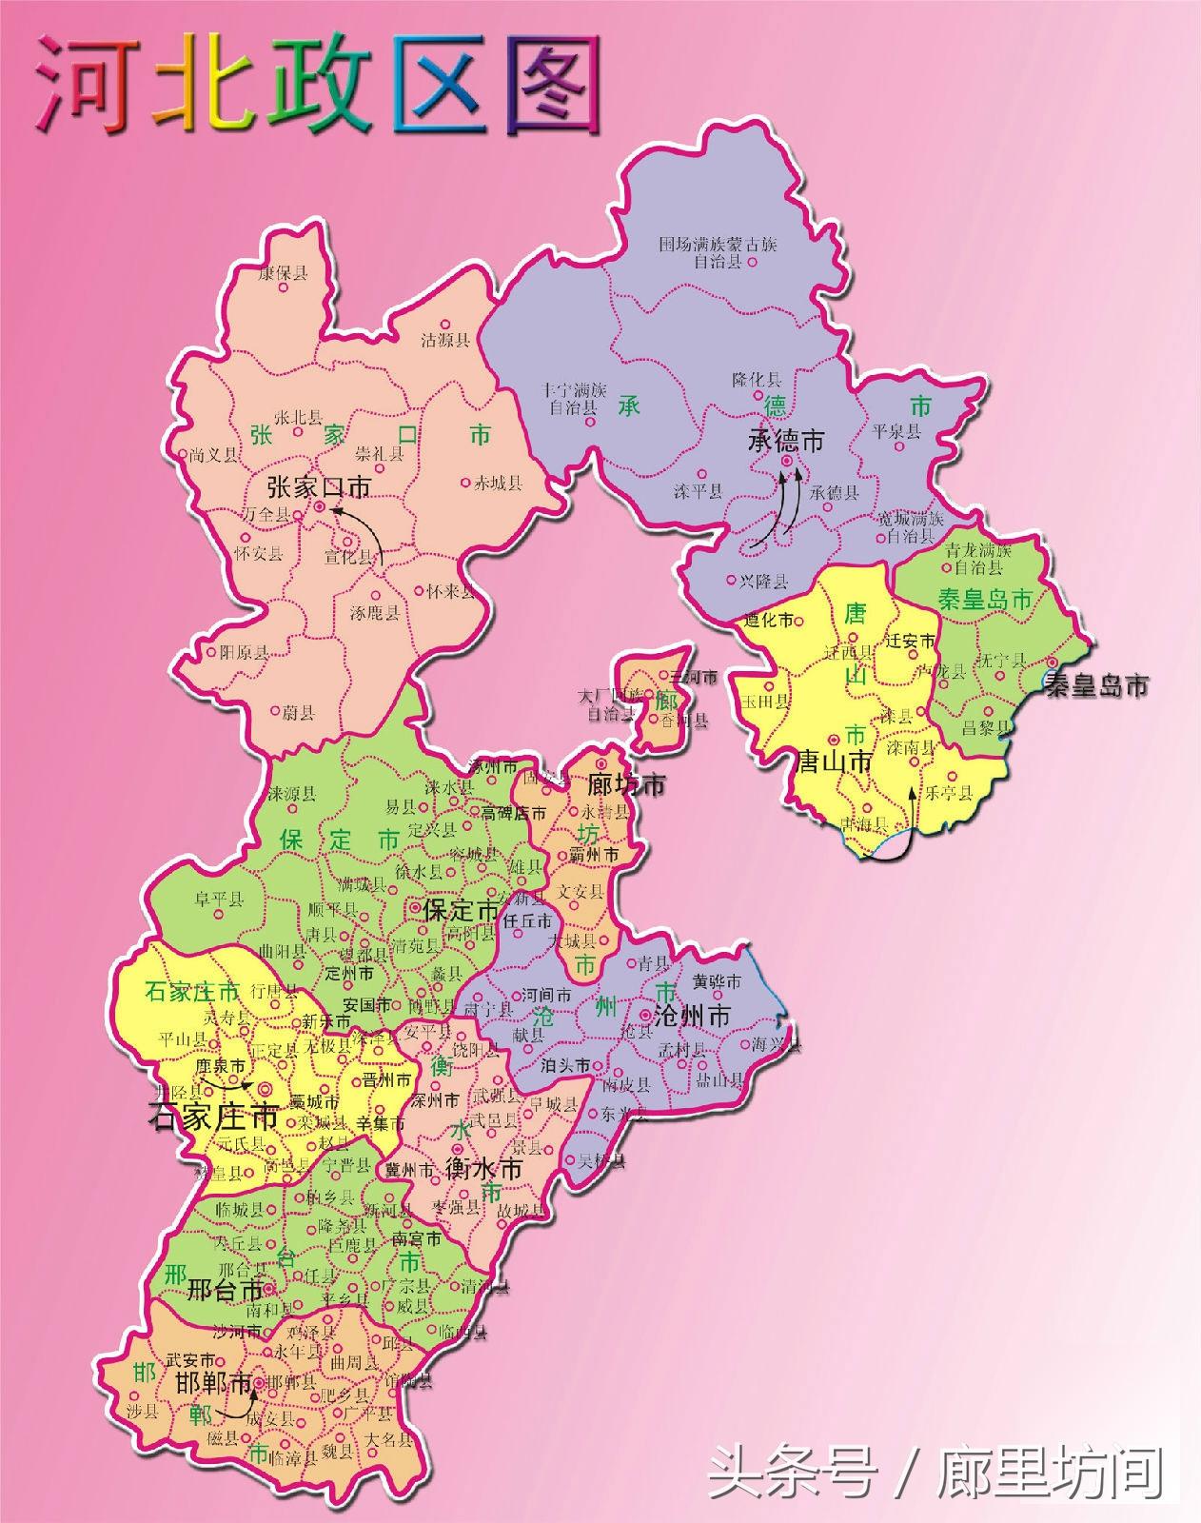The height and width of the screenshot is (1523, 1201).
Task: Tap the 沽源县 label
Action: point(446,340)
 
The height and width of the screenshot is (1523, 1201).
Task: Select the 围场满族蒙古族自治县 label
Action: point(718,252)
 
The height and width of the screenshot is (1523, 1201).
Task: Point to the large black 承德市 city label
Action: point(786,441)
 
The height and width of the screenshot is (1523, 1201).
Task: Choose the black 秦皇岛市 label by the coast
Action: point(1096,684)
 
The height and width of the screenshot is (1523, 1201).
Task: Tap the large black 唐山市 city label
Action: point(835,761)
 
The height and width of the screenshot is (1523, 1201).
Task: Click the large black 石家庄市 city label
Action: point(213,1116)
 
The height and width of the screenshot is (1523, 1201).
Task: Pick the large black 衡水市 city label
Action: point(484,1169)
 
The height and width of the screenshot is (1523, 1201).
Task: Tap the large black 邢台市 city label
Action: point(225,1291)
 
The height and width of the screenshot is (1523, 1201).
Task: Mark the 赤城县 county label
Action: point(498,484)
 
